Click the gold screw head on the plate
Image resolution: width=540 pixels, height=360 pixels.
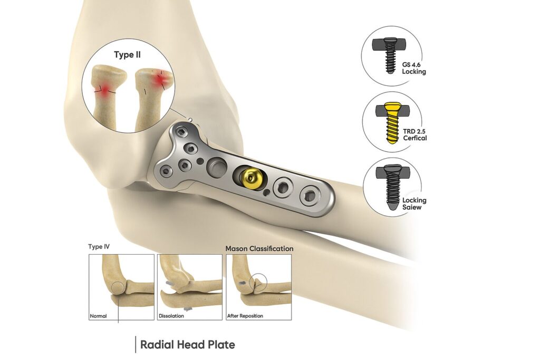[x=247, y=177]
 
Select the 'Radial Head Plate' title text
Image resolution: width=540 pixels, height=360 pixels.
[x=187, y=345]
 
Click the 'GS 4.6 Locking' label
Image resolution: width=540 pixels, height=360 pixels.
[x=413, y=68]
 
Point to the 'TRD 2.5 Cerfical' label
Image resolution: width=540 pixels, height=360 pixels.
[x=414, y=134]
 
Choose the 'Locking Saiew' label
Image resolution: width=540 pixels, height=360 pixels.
[x=414, y=203]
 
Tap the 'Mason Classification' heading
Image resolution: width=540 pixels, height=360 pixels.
[x=259, y=248]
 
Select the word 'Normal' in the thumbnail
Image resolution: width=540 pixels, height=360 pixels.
[x=98, y=316]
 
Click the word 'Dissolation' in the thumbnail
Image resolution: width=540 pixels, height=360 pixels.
[x=171, y=316]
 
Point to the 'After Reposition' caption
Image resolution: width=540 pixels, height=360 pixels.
[x=245, y=316]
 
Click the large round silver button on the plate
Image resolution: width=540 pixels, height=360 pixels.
[x=217, y=169]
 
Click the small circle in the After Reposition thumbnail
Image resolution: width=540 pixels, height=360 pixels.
[x=258, y=282]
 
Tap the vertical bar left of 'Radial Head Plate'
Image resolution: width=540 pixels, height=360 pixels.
[x=136, y=345]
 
